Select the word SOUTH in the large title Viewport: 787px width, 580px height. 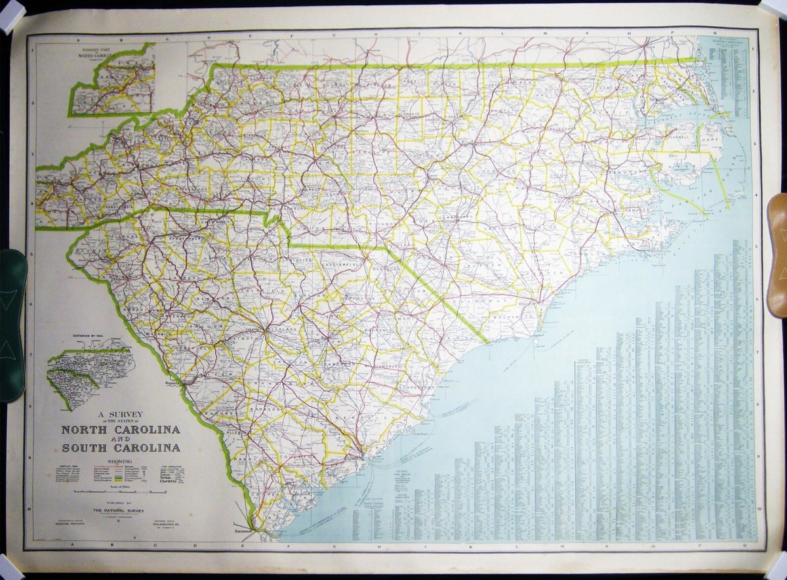(90, 448)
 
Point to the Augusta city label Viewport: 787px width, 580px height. (172, 381)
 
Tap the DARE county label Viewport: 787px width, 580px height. (708, 140)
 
